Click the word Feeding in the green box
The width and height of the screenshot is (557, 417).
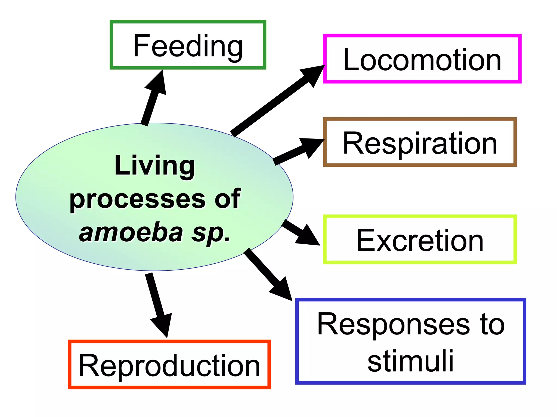coord(188,46)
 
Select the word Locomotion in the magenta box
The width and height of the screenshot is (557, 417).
coord(422,60)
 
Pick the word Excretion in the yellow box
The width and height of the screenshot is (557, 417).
coord(420,241)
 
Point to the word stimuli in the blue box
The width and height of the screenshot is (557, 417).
coord(410,361)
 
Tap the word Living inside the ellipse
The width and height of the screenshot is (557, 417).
coord(154,165)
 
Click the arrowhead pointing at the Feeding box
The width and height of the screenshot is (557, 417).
coord(158,83)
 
